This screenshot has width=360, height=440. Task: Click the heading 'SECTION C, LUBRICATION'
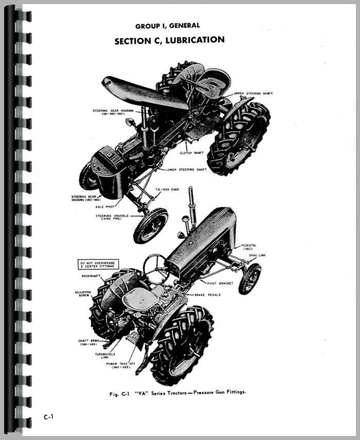click(169, 41)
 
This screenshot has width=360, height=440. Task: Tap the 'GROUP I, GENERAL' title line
click(168, 26)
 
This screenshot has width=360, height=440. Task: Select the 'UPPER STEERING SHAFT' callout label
click(253, 94)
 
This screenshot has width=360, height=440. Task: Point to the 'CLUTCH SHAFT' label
click(191, 153)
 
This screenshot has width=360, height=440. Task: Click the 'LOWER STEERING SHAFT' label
click(186, 170)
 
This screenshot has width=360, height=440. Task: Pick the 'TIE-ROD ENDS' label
click(167, 189)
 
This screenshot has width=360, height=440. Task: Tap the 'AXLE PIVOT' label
click(105, 207)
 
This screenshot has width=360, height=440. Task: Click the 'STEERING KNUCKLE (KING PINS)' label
click(112, 217)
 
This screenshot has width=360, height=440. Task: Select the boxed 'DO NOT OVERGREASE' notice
click(98, 265)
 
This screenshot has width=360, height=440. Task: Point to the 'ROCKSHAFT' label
click(91, 276)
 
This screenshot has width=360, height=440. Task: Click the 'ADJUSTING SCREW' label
click(83, 294)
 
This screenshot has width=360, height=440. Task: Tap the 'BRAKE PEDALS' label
click(207, 295)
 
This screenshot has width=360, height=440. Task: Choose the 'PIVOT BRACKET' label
click(220, 284)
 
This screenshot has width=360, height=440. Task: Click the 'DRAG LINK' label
click(257, 255)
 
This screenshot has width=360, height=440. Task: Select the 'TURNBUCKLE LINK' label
click(105, 356)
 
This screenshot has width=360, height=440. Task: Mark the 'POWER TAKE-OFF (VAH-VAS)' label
click(120, 365)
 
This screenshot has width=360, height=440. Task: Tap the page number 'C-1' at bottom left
click(48, 417)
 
